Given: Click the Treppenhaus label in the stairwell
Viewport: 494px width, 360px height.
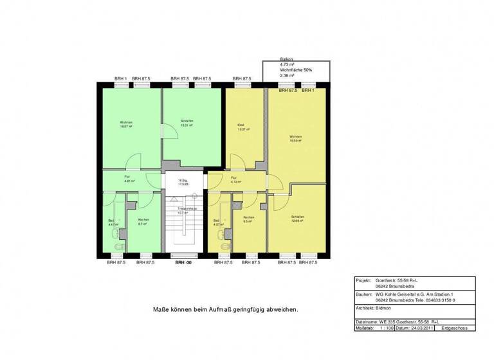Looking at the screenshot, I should (x=187, y=209).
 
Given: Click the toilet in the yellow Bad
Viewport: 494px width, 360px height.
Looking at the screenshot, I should (x=224, y=247).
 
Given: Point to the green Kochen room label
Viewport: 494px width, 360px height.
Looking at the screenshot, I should (x=143, y=219).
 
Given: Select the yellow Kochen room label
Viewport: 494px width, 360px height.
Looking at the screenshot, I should (x=248, y=217).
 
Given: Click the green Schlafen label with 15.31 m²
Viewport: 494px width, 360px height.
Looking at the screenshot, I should (x=187, y=122).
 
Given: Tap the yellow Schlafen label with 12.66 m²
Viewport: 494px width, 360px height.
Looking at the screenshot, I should (x=297, y=217).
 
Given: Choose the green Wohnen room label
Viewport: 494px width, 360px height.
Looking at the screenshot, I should (x=125, y=123).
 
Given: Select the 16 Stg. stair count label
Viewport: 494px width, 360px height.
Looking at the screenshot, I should (x=183, y=181).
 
